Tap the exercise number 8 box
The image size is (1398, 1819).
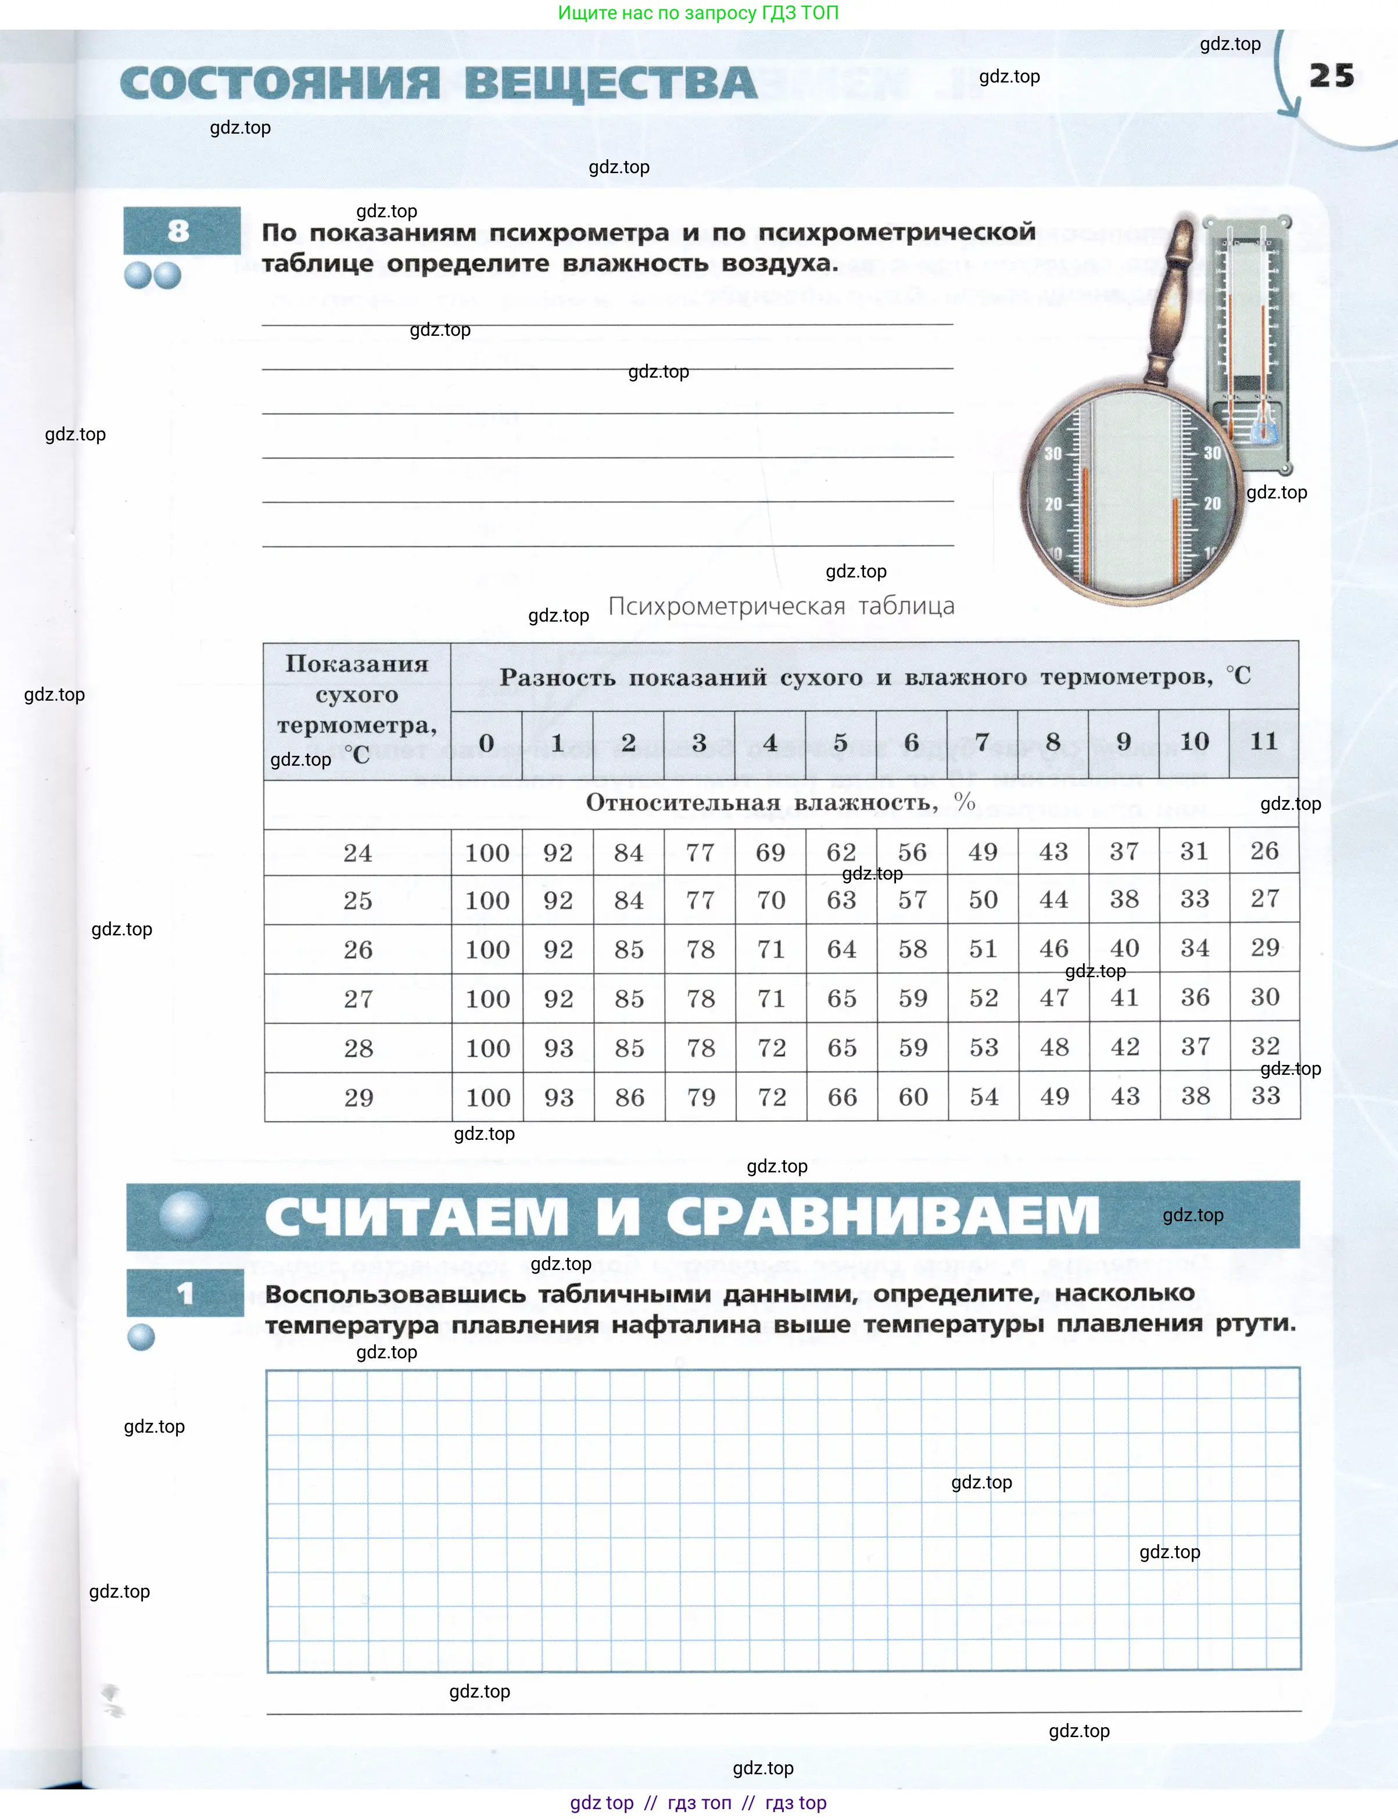[181, 231]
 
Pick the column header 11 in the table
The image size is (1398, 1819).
[1263, 741]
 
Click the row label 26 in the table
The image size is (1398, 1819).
[358, 949]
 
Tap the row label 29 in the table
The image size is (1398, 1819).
[359, 1097]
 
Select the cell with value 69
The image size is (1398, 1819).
[770, 852]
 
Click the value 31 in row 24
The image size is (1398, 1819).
[1194, 851]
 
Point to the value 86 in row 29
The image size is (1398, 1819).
[629, 1097]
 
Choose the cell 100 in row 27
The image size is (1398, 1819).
[487, 999]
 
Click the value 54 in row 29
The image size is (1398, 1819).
[984, 1097]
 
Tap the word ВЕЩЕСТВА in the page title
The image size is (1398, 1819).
[610, 84]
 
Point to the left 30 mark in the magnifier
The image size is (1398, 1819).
[1053, 454]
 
